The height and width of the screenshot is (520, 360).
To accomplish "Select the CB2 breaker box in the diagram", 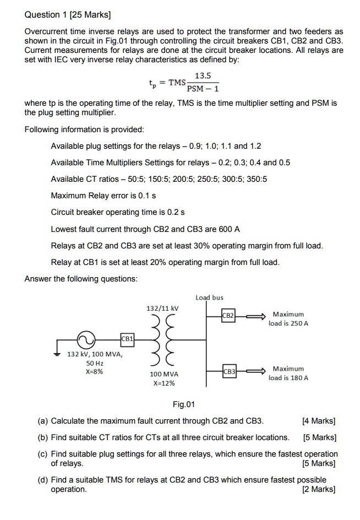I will (x=228, y=316).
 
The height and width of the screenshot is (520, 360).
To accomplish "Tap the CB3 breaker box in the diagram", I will (x=229, y=372).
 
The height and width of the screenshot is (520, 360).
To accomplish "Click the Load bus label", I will (x=209, y=297).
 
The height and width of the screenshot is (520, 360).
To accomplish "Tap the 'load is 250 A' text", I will (x=288, y=323).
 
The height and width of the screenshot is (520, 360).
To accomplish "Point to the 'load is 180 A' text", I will (x=288, y=378).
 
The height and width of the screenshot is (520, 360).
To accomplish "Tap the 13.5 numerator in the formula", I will (x=203, y=77).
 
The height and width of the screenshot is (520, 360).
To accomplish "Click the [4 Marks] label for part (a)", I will (x=319, y=421).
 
